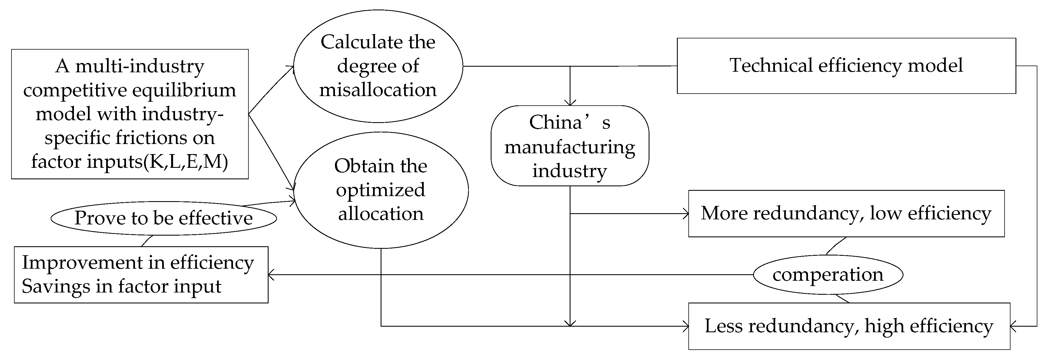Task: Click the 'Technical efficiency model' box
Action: coord(846,66)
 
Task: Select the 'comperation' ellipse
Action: coord(828,275)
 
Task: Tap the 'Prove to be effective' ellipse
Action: coord(164,218)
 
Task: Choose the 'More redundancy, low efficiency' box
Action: coord(846,213)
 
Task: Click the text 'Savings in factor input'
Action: coord(121,286)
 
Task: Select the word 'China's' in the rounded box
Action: coord(570,122)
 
